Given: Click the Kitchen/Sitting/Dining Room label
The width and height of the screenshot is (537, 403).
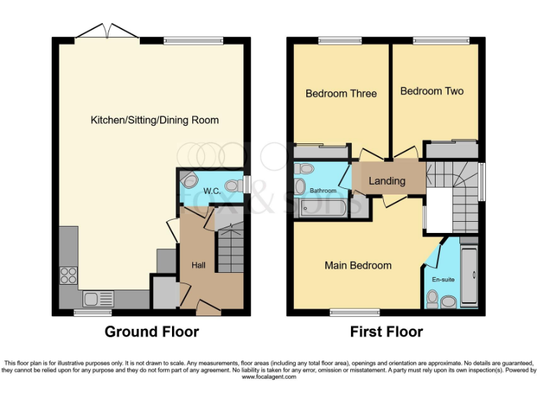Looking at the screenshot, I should (x=155, y=120).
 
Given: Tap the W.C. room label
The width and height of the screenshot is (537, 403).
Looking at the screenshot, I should (x=212, y=191).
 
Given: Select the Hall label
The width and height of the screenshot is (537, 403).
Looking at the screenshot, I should (x=199, y=266).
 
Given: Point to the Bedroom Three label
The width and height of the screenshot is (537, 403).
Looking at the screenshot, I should (x=341, y=94).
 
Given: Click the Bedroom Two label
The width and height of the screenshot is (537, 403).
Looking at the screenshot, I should (x=431, y=91).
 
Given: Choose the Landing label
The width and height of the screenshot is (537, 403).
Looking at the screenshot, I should (x=387, y=181).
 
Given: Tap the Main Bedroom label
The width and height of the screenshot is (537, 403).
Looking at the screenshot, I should (x=358, y=266).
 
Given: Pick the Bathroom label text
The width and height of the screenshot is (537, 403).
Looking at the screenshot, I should (x=324, y=191).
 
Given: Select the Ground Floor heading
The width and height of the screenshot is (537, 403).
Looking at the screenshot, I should (x=152, y=332).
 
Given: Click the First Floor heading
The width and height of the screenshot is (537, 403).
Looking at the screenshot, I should (x=387, y=332).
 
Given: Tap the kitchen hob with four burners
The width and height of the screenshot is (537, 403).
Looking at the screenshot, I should (x=69, y=276).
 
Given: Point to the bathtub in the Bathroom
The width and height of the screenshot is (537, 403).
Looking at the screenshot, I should (x=322, y=208).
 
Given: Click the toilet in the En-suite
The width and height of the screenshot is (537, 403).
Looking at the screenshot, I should (x=432, y=300).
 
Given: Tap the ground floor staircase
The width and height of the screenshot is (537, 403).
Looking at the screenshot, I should (x=229, y=248).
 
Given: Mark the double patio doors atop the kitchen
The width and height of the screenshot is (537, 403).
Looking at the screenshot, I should (x=94, y=32).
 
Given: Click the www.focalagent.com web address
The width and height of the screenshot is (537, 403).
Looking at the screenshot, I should (x=268, y=377).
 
